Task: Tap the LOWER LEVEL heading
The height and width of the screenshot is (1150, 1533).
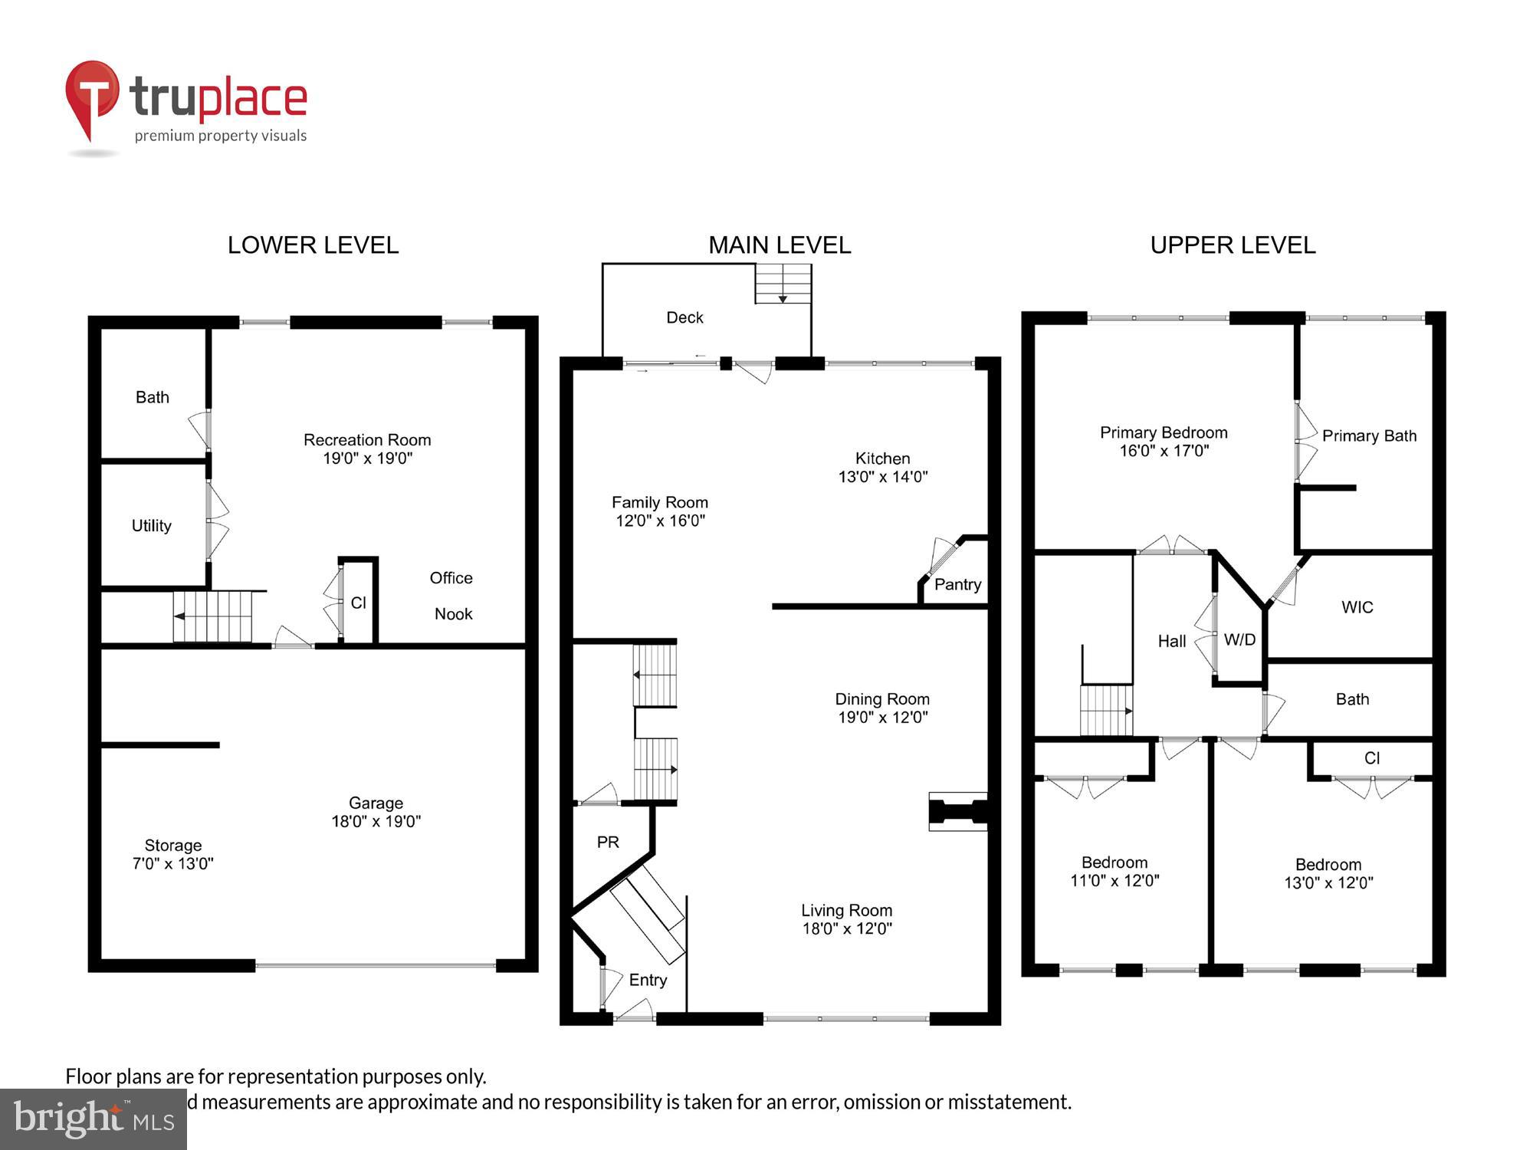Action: [313, 245]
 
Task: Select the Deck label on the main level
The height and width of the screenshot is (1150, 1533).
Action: [684, 317]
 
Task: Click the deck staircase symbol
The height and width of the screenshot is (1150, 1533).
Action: [783, 284]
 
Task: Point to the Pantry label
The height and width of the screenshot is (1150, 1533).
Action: [957, 584]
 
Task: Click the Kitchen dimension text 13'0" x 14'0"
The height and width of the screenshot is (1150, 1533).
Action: [882, 477]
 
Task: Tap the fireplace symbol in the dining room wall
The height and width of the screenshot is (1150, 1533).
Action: [957, 811]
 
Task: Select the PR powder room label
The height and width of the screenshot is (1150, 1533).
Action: [608, 843]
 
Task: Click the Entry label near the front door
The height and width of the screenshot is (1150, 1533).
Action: [648, 980]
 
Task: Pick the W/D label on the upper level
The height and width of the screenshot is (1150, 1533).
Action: [1239, 639]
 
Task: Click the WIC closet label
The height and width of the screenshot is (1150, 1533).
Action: [1357, 607]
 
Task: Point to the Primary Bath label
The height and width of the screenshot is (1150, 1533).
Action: [1369, 435]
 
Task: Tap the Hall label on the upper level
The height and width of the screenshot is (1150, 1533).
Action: [1171, 641]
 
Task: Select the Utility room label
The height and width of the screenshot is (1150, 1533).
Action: [151, 526]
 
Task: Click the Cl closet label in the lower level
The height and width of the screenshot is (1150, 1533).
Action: [358, 603]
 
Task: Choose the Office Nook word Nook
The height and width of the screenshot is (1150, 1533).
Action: [453, 614]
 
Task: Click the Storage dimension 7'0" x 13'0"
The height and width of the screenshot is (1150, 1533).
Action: [172, 864]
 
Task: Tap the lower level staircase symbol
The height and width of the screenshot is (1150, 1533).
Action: [212, 616]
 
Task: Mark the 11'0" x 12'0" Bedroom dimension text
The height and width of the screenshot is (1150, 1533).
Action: [1114, 881]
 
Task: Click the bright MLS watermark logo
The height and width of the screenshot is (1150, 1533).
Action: [94, 1119]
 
